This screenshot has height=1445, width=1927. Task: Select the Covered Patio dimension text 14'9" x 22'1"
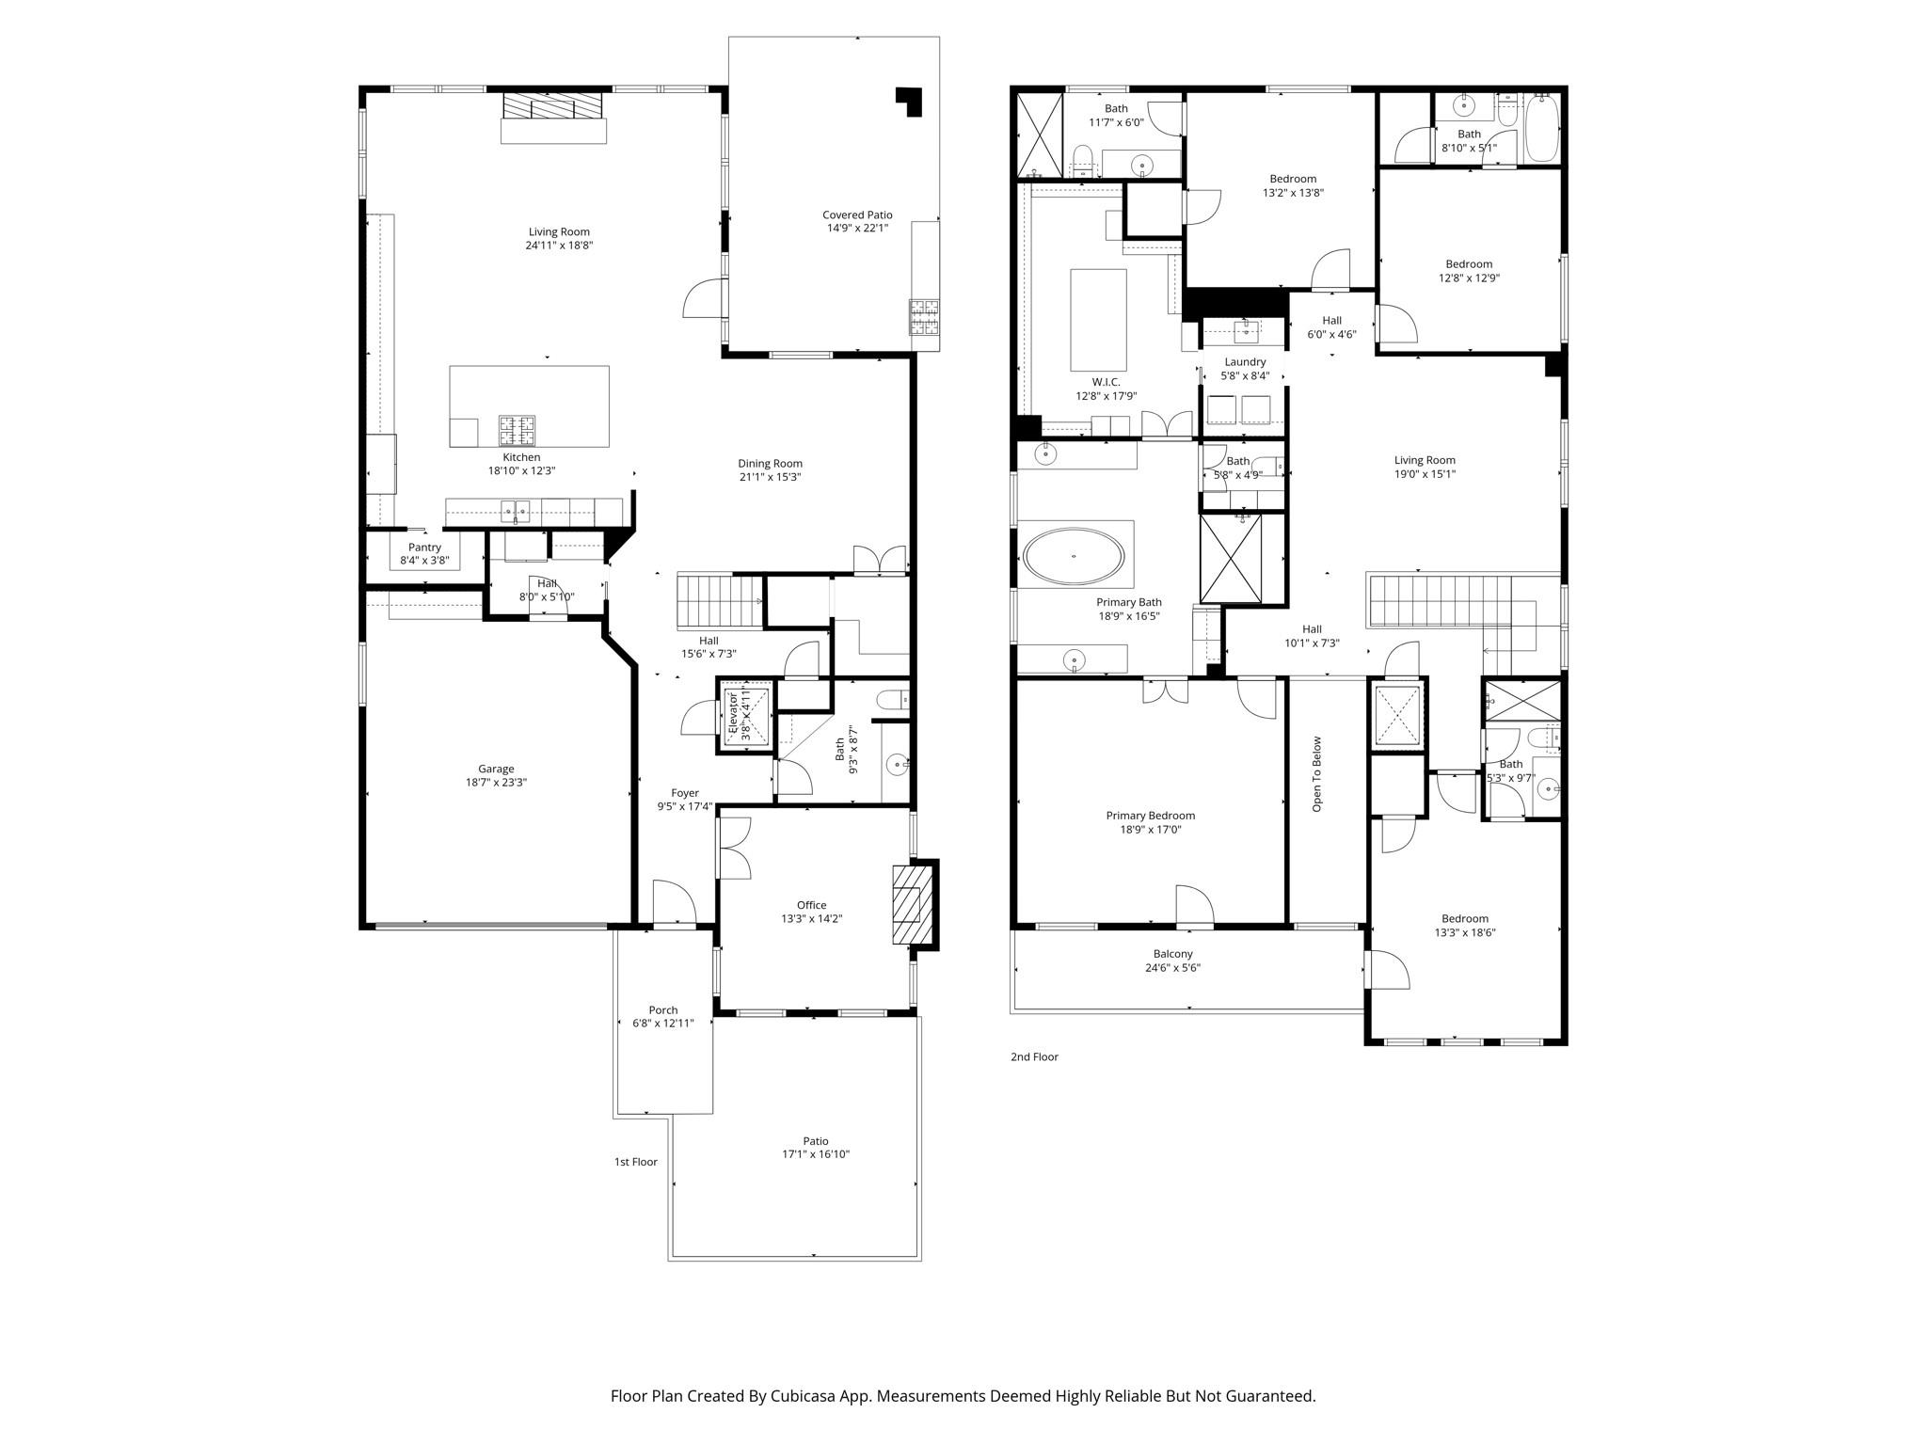tap(856, 228)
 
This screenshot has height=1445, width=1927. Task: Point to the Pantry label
tap(424, 548)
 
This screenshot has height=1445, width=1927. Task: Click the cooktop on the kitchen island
tap(517, 430)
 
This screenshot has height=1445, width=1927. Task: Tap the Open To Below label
tap(1316, 773)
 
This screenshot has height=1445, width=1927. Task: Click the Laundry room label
tap(1244, 362)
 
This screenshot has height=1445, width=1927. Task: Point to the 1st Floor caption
tap(635, 1162)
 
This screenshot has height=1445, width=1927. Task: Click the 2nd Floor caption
tap(1034, 1056)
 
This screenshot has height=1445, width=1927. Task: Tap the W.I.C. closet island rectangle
tap(1098, 320)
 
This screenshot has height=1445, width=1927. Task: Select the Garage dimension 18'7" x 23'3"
tap(496, 782)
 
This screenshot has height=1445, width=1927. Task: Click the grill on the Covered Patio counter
tap(923, 317)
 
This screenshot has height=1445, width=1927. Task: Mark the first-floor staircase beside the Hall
tap(719, 602)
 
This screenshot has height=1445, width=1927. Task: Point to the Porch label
tap(662, 1010)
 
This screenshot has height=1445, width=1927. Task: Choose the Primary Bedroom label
tap(1150, 816)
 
